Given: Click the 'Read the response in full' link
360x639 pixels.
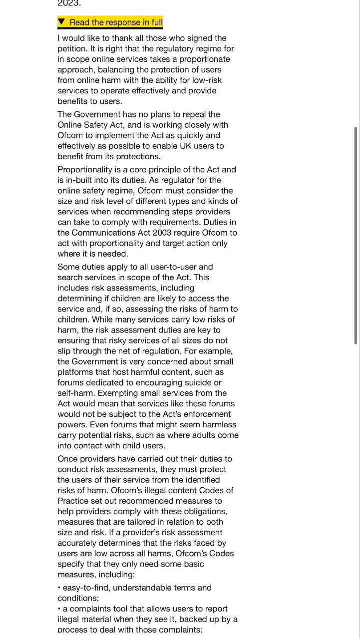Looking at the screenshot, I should [x=116, y=22].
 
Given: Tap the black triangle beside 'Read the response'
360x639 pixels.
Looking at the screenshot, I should [x=61, y=22].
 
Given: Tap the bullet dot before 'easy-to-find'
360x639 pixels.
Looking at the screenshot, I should [x=59, y=588].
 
